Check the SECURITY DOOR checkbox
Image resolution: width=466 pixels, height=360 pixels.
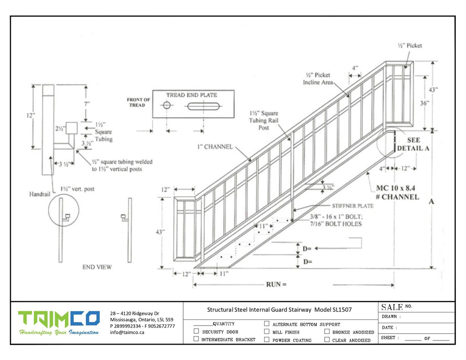[x=196, y=332]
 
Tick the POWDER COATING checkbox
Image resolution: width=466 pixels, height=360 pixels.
[x=267, y=340]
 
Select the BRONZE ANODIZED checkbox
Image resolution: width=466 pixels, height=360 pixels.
[x=327, y=332]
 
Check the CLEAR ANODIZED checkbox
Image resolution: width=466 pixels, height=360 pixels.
[x=327, y=340]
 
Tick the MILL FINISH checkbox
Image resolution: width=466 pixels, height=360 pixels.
[x=267, y=332]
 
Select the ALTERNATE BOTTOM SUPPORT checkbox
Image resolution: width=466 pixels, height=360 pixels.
[x=267, y=324]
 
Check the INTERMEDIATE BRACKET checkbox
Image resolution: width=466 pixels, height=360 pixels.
[x=196, y=340]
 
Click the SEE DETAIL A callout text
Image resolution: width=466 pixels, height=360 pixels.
[x=413, y=144]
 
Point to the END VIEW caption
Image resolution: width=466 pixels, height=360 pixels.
[x=97, y=267]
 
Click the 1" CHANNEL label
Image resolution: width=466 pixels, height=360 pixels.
[x=214, y=147]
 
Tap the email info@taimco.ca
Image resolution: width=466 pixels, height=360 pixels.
[x=127, y=333]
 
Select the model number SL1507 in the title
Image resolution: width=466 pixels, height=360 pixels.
[x=343, y=309]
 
